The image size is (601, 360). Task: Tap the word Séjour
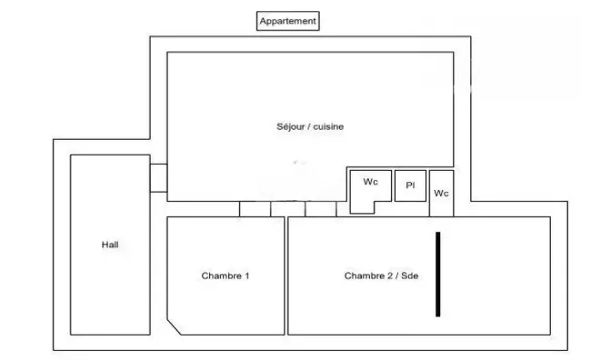tap(291, 126)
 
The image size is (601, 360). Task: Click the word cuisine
tap(328, 126)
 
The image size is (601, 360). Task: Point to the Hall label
tap(110, 245)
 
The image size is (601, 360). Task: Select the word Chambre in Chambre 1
tap(222, 275)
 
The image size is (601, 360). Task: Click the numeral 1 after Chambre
tap(246, 275)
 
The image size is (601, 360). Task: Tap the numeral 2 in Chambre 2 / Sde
tap(390, 275)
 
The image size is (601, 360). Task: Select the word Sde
tap(410, 275)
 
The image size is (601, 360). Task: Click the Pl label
tap(410, 185)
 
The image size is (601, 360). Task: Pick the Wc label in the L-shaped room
tap(371, 182)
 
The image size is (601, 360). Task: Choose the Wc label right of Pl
tap(441, 194)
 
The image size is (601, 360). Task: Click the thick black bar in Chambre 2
tap(437, 275)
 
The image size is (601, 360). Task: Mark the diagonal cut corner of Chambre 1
tap(174, 326)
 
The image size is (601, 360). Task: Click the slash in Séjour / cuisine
tap(310, 126)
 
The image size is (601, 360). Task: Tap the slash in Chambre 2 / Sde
tap(397, 275)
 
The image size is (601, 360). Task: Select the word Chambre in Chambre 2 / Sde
tap(365, 275)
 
